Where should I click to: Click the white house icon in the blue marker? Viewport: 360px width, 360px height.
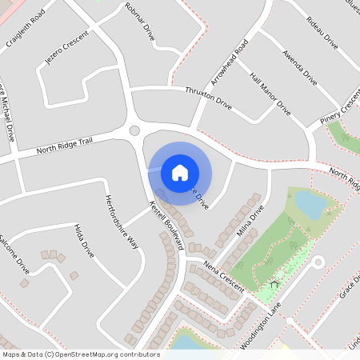click(x=180, y=172)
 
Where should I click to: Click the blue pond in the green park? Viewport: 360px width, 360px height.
click(x=310, y=205)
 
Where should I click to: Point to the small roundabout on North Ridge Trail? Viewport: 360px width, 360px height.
click(x=134, y=130)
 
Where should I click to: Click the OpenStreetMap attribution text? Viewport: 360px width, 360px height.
click(x=81, y=354)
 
